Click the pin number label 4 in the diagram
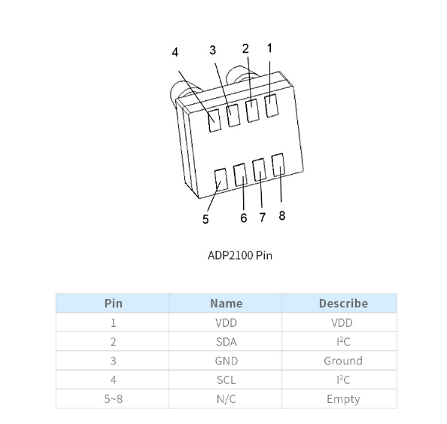point(175,53)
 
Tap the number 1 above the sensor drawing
point(269,48)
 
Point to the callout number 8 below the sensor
point(282,215)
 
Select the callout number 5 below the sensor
point(205,219)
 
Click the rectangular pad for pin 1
point(272,105)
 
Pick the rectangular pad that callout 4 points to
point(214,120)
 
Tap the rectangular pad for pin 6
point(240,175)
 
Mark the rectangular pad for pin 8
point(278,165)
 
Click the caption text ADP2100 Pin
point(240,255)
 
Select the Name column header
point(227,304)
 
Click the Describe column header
point(343,304)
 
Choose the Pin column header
point(114,304)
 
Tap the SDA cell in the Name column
point(227,342)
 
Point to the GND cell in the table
point(227,361)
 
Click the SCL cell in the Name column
point(227,380)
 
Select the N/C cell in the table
point(227,399)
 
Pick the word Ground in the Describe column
point(343,361)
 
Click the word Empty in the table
point(343,399)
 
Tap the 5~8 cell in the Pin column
point(114,399)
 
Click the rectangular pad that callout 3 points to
point(233,115)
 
